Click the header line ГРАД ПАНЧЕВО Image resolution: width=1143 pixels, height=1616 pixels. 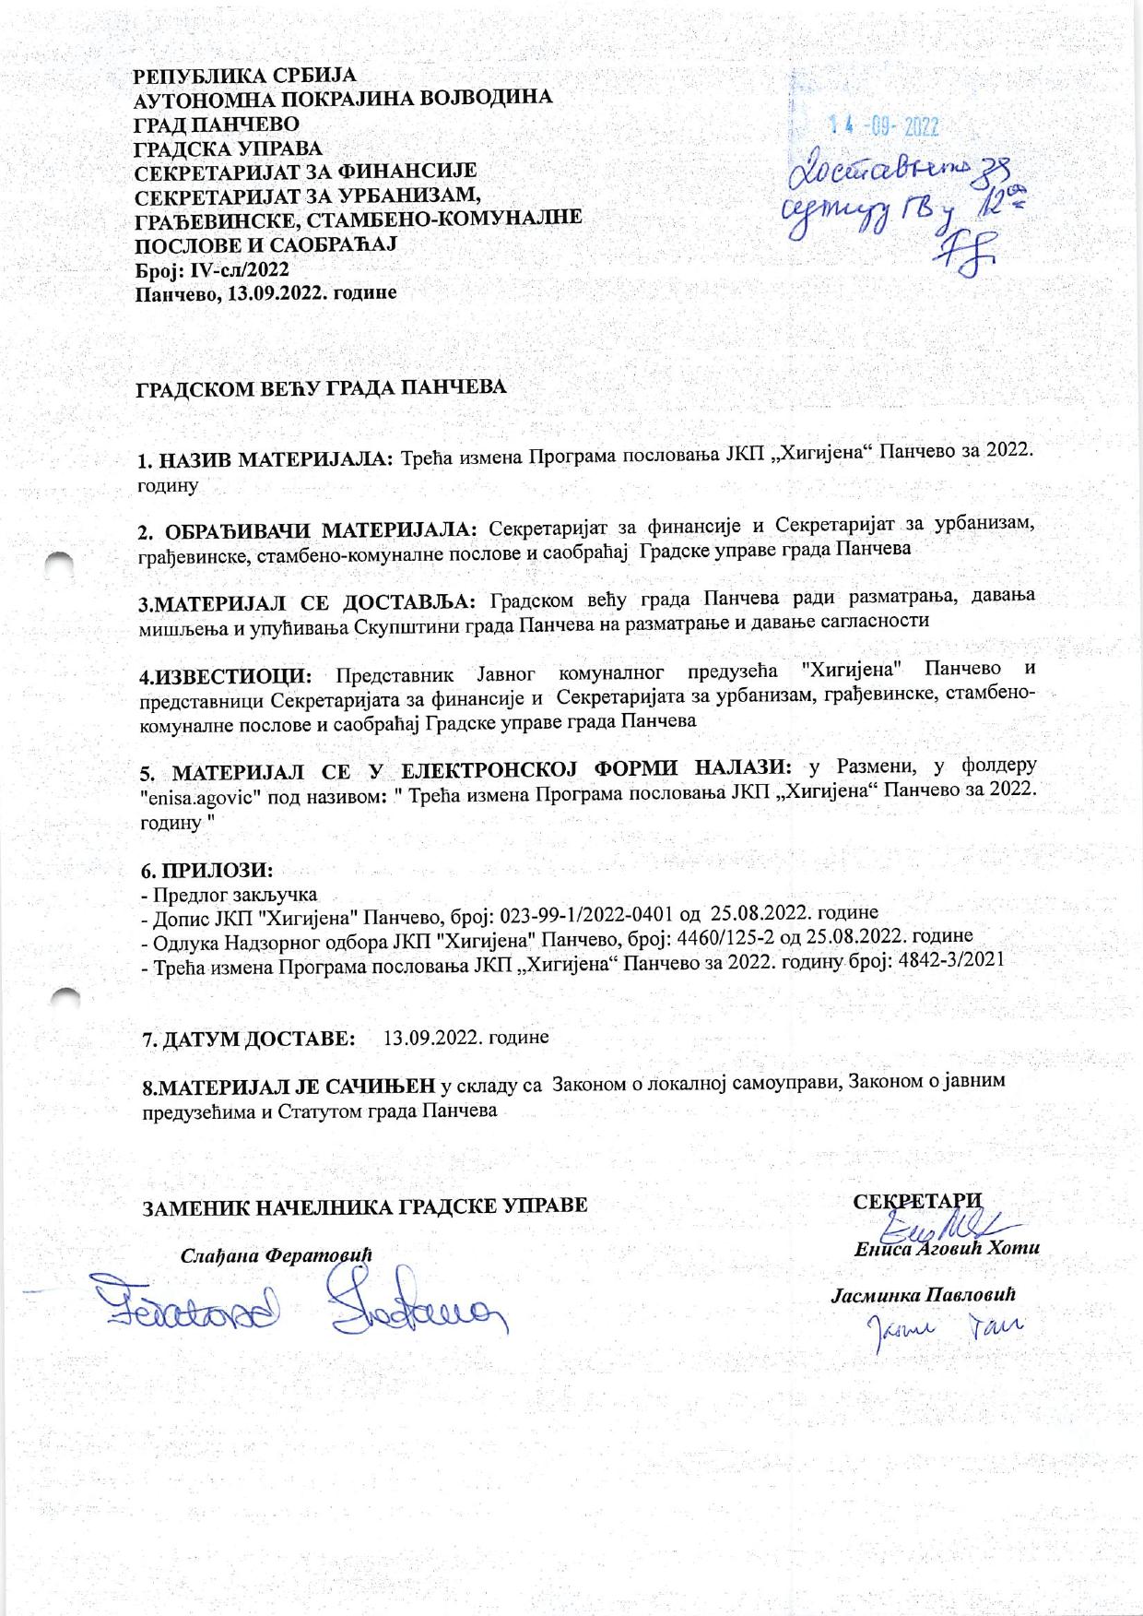(x=217, y=124)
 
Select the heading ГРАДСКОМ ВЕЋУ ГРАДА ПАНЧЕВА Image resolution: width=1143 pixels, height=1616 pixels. (x=322, y=388)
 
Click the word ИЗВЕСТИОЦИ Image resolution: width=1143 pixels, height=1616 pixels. (x=227, y=675)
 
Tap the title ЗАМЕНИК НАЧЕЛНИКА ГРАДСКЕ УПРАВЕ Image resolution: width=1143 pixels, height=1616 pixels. (x=363, y=1206)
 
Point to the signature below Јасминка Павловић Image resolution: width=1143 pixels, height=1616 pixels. (x=940, y=1328)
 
